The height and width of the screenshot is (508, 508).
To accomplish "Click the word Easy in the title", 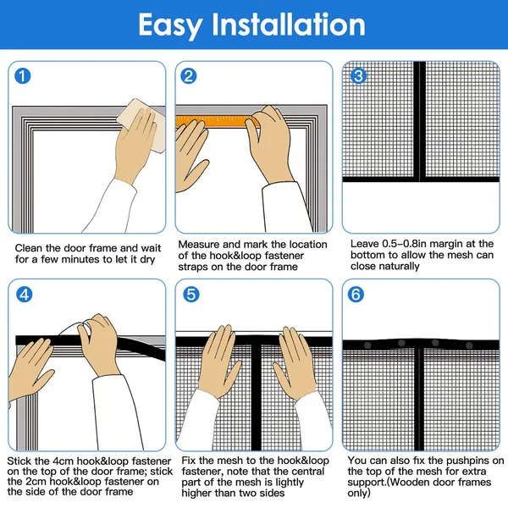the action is (170, 25).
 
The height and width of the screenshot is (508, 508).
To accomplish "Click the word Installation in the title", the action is (289, 24).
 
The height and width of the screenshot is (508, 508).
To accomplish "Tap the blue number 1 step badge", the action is (23, 76).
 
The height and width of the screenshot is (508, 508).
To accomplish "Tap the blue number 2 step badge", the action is (189, 76).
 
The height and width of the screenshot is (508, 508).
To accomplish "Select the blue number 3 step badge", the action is (358, 76).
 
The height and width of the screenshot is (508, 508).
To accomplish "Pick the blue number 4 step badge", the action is (25, 295).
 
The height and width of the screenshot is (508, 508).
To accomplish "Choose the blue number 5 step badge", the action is (191, 295).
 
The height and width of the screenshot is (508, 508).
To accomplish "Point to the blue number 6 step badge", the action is (356, 295).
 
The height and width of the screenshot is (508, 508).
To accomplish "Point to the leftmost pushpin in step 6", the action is (367, 345).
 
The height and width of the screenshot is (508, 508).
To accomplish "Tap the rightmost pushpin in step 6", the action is (469, 345).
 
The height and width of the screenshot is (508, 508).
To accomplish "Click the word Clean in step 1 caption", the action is (29, 248).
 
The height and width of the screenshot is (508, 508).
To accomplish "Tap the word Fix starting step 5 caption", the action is (188, 461).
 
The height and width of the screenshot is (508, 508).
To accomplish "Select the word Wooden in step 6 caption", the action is (408, 482).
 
